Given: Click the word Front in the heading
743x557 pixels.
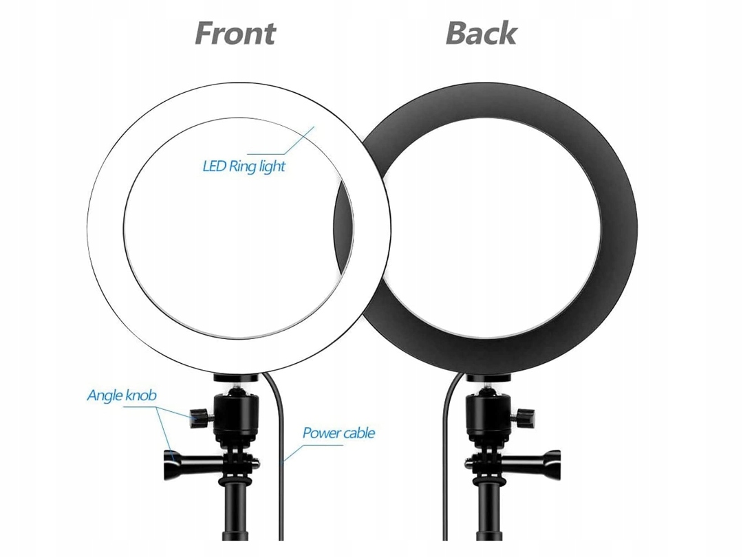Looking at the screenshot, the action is tap(235, 33).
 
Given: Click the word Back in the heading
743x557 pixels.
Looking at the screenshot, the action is tap(481, 33).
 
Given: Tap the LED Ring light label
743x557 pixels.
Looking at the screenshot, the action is tap(244, 166).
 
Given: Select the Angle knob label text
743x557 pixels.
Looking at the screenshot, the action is tap(122, 395).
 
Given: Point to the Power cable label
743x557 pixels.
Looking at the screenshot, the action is tap(338, 433).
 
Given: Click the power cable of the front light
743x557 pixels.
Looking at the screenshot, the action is tap(281, 481).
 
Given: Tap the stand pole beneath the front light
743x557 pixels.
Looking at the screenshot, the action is tap(237, 523).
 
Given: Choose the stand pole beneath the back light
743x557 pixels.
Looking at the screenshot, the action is tap(490, 523).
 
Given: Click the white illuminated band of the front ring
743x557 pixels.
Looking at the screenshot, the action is tap(107, 227).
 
